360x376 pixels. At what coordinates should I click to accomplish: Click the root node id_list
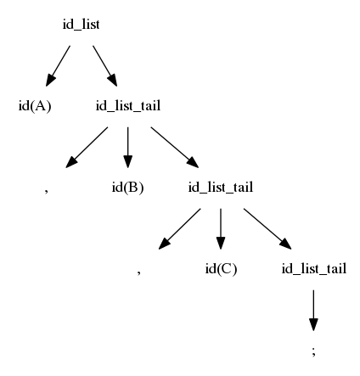pos(81,25)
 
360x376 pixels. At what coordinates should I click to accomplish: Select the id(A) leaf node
pos(35,106)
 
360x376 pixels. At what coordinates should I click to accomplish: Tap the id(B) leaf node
pos(127,188)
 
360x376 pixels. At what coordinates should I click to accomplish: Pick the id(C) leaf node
pos(221,269)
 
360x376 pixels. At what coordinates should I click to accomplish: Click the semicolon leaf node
pos(313,351)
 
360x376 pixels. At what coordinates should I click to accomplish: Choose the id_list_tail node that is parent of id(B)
pos(128,106)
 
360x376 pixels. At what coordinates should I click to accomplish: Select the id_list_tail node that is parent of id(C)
pos(221,188)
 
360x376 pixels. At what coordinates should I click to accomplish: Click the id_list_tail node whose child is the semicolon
pos(313,269)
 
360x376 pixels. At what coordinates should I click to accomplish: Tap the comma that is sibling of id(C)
pos(138,272)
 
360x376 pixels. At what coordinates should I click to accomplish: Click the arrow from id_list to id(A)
pos(58,66)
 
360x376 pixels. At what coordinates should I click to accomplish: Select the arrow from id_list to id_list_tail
pos(105,66)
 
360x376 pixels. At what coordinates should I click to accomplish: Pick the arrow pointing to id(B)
pos(127,148)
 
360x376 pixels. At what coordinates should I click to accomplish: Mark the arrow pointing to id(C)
pos(221,229)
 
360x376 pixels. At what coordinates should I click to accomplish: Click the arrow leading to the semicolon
pos(313,311)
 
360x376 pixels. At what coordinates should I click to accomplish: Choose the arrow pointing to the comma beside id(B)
pos(87,148)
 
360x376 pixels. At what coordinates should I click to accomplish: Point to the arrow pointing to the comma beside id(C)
pos(179,229)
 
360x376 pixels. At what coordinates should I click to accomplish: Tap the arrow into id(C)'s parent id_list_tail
pos(175,148)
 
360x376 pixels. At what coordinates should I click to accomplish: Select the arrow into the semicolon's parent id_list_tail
pos(267,229)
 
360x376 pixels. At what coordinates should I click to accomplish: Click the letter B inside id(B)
pos(133,188)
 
